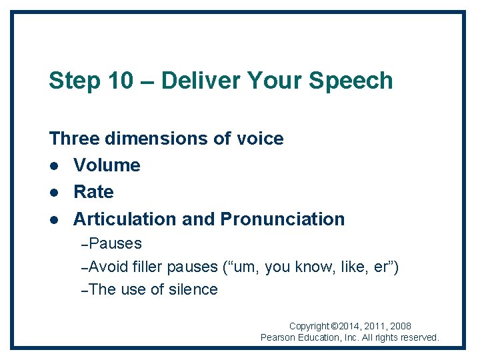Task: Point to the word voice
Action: tap(260, 139)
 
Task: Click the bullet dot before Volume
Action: tap(53, 165)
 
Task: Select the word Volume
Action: tap(107, 165)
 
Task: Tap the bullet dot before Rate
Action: tap(53, 192)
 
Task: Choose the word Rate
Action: tap(93, 192)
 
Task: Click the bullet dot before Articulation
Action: tap(53, 219)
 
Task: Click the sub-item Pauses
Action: tap(115, 243)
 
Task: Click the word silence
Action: tap(193, 289)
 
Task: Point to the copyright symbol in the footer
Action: tap(335, 327)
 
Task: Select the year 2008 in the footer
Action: tap(400, 327)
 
